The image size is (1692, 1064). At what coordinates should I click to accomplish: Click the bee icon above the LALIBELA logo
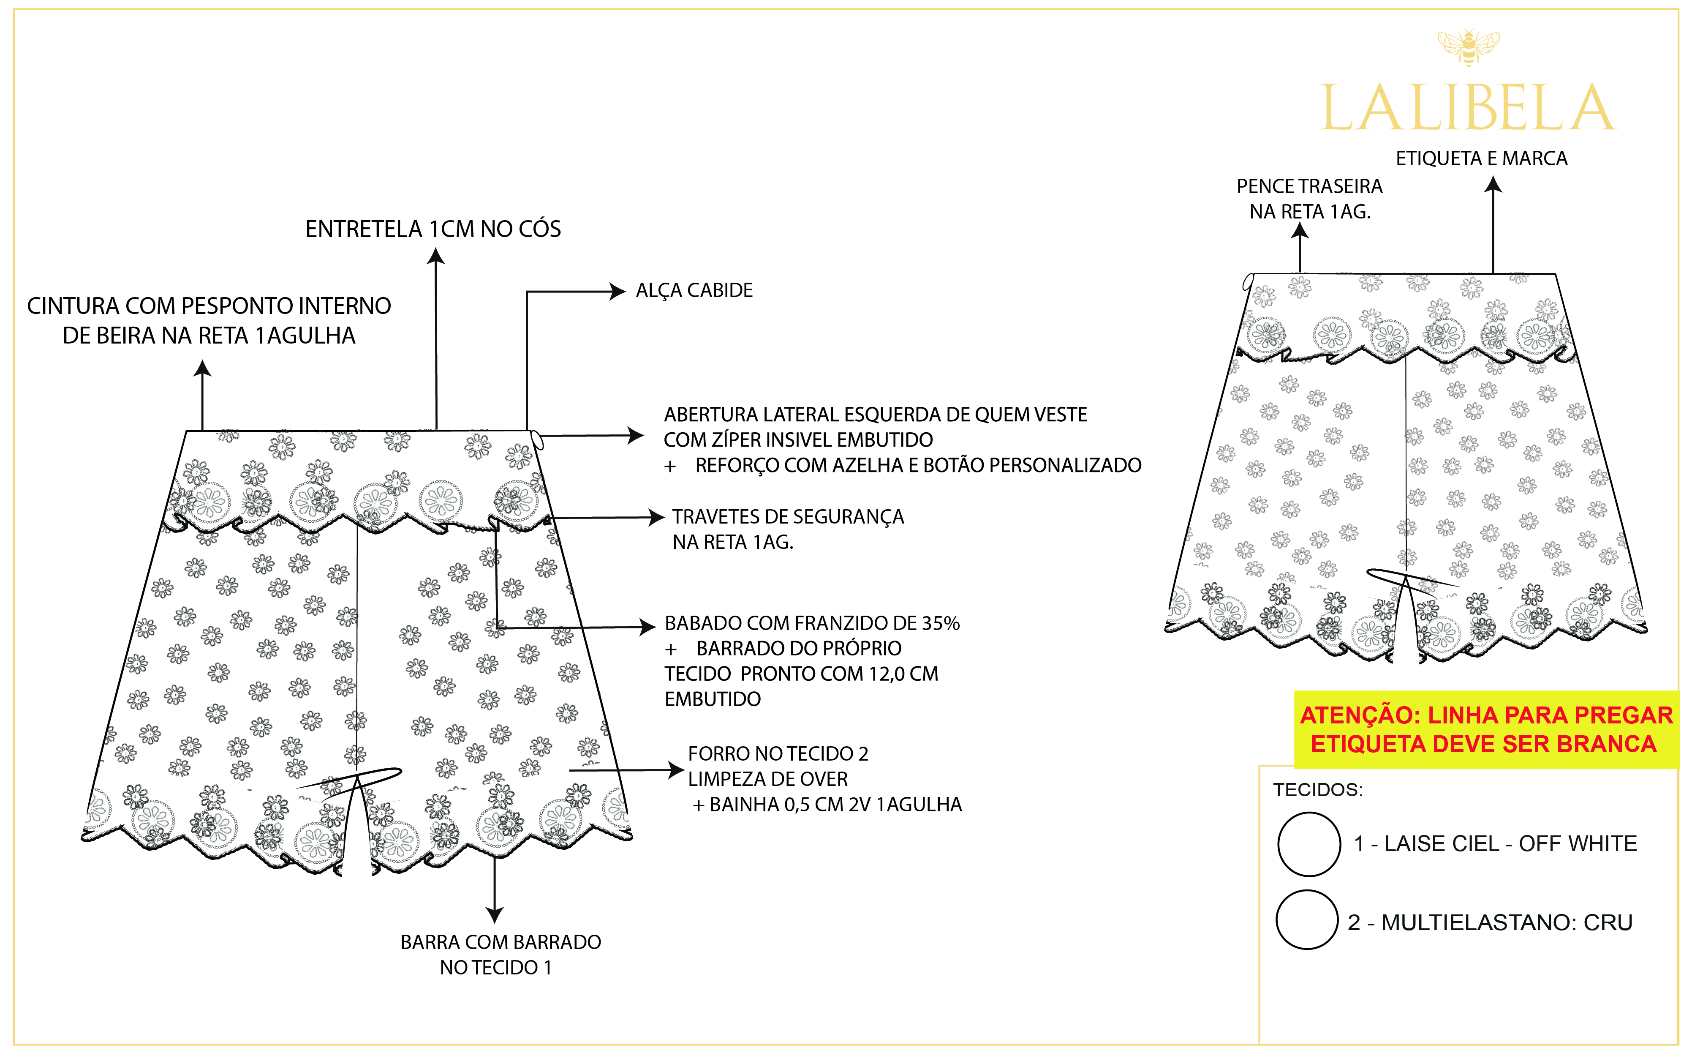pyautogui.click(x=1469, y=47)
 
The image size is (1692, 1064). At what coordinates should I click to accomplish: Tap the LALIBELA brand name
pyautogui.click(x=1469, y=109)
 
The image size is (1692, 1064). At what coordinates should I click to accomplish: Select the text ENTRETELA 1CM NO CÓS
pyautogui.click(x=433, y=229)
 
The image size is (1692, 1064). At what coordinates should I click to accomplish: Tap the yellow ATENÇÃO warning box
pyautogui.click(x=1485, y=729)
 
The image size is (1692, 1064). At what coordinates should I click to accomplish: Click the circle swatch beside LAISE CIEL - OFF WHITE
pyautogui.click(x=1308, y=843)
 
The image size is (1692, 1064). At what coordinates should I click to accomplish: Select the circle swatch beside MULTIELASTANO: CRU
pyautogui.click(x=1306, y=920)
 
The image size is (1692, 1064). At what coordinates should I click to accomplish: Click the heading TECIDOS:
pyautogui.click(x=1317, y=790)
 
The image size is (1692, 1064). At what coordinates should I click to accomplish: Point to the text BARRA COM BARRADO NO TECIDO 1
pyautogui.click(x=500, y=955)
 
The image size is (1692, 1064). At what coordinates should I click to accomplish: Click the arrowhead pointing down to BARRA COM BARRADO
pyautogui.click(x=495, y=914)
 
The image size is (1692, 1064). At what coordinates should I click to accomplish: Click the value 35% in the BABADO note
pyautogui.click(x=941, y=623)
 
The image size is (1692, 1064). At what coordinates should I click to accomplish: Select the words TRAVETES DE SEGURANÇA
pyautogui.click(x=788, y=517)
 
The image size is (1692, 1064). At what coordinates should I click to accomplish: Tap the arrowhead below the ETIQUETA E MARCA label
pyautogui.click(x=1493, y=185)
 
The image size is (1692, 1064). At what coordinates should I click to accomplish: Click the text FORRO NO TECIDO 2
pyautogui.click(x=778, y=754)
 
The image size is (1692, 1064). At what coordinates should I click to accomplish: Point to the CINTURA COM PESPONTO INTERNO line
pyautogui.click(x=209, y=306)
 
